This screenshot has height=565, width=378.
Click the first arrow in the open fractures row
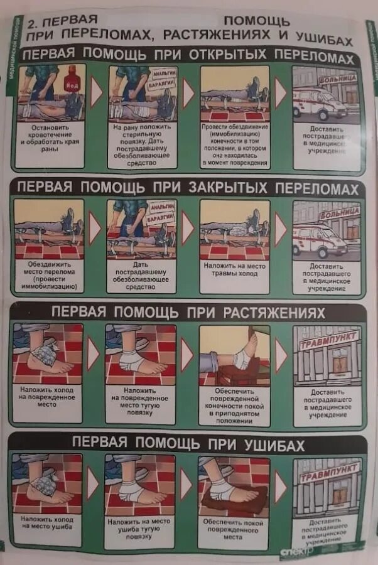[96, 92]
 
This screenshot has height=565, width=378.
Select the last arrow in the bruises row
[281, 485]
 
